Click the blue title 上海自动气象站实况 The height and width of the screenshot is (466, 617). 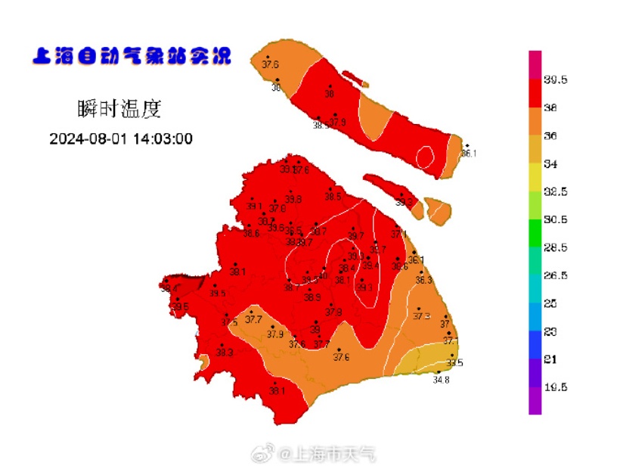132,56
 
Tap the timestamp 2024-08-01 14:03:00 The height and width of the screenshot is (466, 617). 121,138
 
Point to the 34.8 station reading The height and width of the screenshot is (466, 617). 441,380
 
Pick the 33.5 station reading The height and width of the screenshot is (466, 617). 454,363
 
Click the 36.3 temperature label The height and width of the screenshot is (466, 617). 423,280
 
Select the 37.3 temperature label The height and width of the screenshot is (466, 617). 421,316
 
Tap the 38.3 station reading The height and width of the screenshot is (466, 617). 225,353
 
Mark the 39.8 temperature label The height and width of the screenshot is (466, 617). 293,199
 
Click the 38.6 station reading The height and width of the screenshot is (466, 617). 251,234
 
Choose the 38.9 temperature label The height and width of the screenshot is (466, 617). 312,297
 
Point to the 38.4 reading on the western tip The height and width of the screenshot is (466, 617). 169,287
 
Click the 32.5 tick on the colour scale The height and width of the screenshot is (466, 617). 557,192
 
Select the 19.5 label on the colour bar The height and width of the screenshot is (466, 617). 557,387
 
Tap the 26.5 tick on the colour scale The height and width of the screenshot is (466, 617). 557,275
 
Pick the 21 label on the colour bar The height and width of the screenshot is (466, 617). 551,359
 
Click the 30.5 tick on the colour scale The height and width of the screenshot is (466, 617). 557,220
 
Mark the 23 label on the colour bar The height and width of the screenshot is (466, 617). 551,331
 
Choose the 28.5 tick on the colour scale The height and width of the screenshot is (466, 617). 557,247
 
